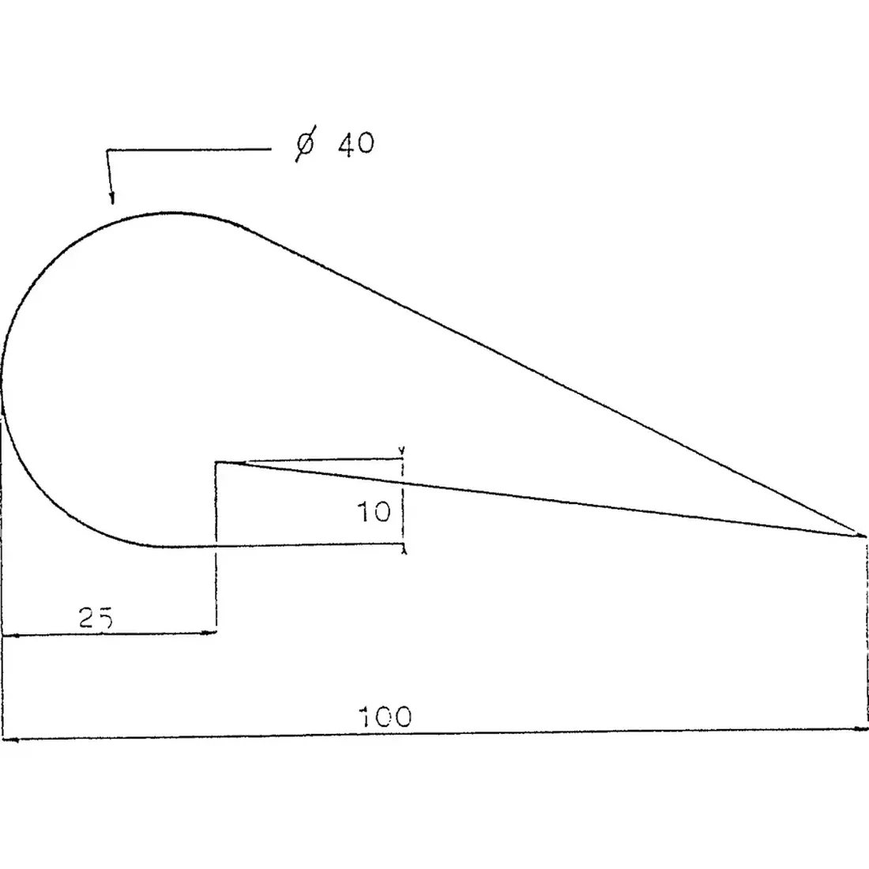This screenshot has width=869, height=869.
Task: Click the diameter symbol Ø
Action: [306, 144]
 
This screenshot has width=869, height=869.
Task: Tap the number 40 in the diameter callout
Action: [356, 144]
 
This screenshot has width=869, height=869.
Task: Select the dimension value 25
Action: [96, 618]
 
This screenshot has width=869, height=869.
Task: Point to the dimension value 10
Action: [374, 512]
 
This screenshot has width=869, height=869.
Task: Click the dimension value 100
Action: [386, 717]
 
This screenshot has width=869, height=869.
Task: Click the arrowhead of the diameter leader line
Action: [112, 197]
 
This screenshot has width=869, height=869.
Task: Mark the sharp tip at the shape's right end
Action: [864, 536]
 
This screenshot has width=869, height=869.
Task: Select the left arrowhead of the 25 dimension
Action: [10, 635]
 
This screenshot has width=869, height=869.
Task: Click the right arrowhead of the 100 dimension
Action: [860, 729]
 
